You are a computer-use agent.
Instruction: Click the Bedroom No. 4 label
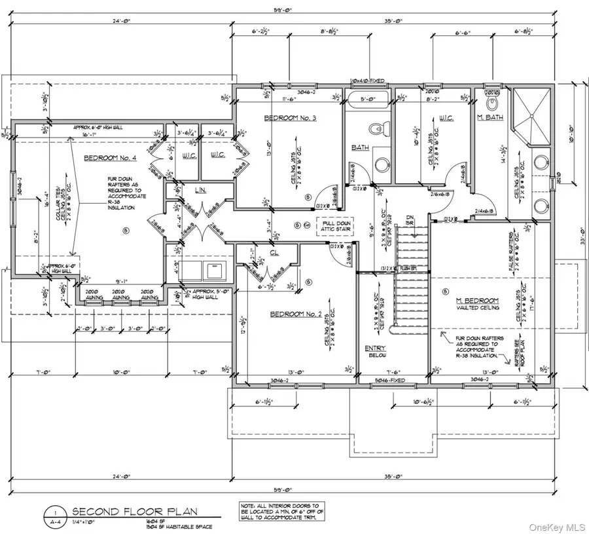(x=110, y=159)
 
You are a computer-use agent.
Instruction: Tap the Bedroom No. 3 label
(x=290, y=118)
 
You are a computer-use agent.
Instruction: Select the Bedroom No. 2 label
(x=296, y=315)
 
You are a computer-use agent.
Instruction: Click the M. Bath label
(x=489, y=117)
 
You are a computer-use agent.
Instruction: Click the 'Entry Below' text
(x=376, y=351)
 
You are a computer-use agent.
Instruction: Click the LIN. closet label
(x=202, y=190)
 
